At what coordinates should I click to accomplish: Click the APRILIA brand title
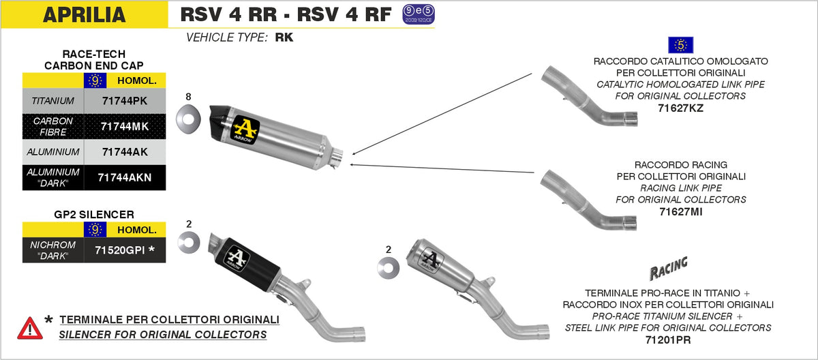(x=84, y=14)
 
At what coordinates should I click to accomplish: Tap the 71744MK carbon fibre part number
(x=123, y=126)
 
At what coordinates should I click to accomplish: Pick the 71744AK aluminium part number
(x=123, y=151)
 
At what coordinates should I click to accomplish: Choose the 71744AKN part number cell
(x=124, y=177)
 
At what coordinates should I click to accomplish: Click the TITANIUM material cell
(x=52, y=101)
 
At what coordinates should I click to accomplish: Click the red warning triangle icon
(x=30, y=328)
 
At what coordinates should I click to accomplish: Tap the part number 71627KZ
(x=680, y=108)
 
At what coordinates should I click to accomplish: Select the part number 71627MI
(x=680, y=211)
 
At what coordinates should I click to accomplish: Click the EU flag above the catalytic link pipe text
(x=680, y=45)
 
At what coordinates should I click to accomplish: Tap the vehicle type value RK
(x=284, y=38)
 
